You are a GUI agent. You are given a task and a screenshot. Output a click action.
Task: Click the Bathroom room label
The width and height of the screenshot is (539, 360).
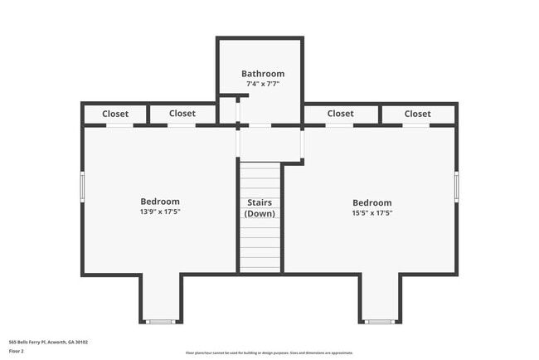263,74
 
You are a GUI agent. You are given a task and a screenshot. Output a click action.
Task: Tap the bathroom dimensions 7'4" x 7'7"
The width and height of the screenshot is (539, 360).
263,84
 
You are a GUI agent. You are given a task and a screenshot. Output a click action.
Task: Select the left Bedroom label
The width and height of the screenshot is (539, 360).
159,202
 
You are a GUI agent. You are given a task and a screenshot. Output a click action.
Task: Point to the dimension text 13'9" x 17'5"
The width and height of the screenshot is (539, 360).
159,212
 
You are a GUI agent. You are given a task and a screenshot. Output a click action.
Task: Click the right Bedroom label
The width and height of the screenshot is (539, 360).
371,202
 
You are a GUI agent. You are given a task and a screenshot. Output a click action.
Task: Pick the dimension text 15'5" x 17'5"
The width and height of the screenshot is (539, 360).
371,212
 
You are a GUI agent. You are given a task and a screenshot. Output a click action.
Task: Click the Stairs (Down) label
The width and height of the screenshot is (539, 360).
260,207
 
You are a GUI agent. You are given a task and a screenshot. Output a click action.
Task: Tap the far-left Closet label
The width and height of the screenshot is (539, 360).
115,114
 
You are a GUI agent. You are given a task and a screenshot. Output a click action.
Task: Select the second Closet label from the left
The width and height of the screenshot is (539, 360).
182,114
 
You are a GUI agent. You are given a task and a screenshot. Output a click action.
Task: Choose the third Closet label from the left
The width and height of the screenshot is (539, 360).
340,114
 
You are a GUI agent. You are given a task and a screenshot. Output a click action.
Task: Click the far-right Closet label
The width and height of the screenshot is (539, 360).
417,114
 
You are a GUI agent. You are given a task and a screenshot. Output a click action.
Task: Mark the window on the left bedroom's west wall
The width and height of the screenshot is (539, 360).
82,186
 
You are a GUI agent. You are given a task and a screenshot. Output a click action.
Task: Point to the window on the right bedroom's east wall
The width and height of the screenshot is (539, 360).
457,186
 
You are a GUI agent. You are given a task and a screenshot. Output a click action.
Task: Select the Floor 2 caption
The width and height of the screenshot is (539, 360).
17,351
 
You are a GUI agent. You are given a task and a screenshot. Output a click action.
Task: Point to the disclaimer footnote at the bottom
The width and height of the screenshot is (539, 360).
269,353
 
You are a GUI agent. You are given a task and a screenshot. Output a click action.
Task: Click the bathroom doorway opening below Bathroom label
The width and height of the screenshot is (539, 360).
260,126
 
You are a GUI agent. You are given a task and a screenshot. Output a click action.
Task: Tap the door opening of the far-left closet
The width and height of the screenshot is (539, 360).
119,126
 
